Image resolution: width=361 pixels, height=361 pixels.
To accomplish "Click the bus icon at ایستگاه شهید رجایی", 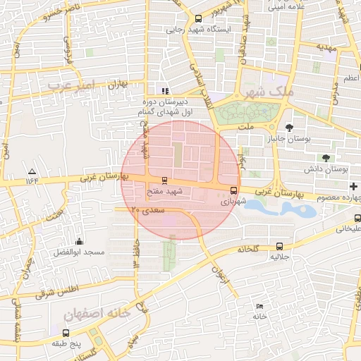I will coord(198,18).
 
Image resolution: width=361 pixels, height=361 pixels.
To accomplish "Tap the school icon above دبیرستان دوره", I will coord(165,91).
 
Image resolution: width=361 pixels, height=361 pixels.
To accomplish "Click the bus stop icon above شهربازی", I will coord(233,190).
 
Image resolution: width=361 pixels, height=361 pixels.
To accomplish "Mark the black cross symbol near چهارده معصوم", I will coord(353,186).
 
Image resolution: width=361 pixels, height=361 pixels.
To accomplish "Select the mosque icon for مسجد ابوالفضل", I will coord(78,241).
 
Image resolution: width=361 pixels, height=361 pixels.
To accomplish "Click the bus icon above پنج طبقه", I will coord(66,332).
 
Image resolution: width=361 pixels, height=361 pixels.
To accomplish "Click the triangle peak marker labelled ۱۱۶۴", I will coord(32,171).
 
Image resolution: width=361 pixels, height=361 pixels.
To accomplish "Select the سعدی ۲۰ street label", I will coord(148,210).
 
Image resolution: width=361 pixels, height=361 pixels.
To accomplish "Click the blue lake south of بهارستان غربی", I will coord(282,208).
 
